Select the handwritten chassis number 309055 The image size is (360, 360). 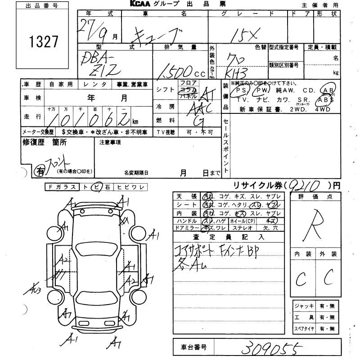tap(270, 348)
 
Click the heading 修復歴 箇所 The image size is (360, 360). tap(45, 142)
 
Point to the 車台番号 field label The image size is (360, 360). tap(193, 347)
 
